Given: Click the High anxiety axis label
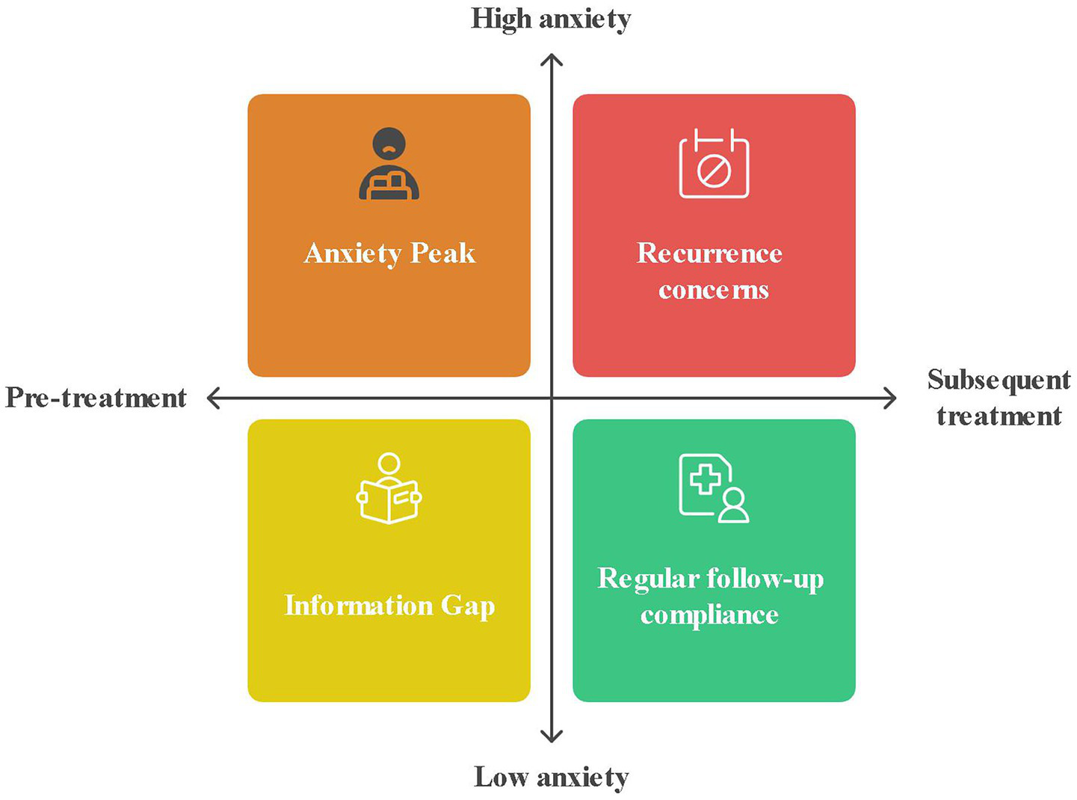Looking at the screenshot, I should click(x=551, y=19).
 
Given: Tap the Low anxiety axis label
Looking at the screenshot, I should click(x=551, y=777).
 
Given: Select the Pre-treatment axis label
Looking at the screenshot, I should click(x=96, y=398).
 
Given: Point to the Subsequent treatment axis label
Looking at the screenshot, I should click(x=999, y=398).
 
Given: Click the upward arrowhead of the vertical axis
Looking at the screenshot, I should click(x=552, y=59).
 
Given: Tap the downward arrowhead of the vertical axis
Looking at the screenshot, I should click(x=552, y=736).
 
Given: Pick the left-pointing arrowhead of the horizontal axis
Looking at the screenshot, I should click(x=212, y=398).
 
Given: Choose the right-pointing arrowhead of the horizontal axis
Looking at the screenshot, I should click(x=891, y=398).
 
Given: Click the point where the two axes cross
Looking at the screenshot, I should click(x=552, y=398).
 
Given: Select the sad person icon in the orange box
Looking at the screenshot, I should click(x=389, y=164).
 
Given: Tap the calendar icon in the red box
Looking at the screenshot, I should click(x=714, y=164).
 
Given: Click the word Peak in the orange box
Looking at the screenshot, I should click(x=442, y=253).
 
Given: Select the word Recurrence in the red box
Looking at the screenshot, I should click(x=709, y=253).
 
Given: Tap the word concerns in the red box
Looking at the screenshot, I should click(x=713, y=289).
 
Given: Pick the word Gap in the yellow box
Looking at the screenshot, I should click(x=467, y=606).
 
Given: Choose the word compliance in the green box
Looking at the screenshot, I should click(x=709, y=615).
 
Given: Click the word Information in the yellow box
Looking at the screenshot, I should click(x=358, y=605).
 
